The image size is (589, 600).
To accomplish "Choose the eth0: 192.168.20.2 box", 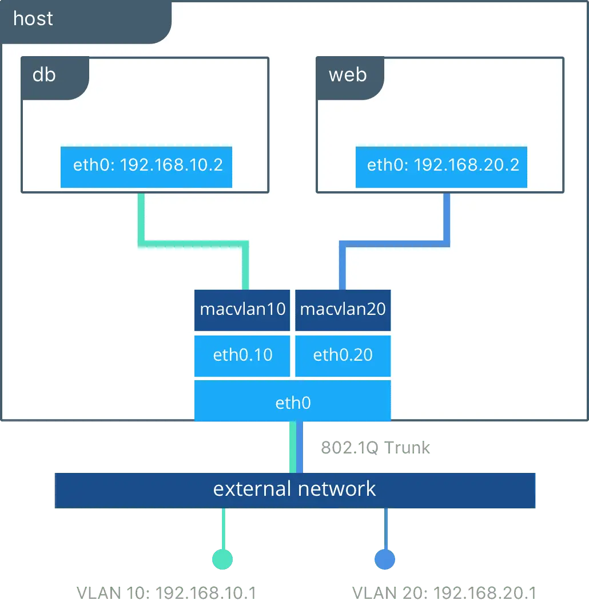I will click(x=441, y=167).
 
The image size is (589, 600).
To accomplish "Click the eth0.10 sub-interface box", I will click(x=242, y=356).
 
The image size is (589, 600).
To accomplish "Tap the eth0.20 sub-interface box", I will click(x=343, y=356).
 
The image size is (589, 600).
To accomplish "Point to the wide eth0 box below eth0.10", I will click(x=292, y=402).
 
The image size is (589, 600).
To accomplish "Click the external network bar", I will click(x=294, y=490).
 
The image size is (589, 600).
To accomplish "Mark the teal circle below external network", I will click(x=222, y=559).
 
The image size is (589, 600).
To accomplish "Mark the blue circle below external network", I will click(x=385, y=559).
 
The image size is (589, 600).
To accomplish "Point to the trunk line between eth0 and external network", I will click(x=296, y=447).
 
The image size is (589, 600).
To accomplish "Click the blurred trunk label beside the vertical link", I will click(x=375, y=447).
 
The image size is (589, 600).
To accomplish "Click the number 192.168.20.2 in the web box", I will click(x=466, y=165).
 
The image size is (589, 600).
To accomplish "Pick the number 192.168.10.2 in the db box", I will click(x=171, y=165).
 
